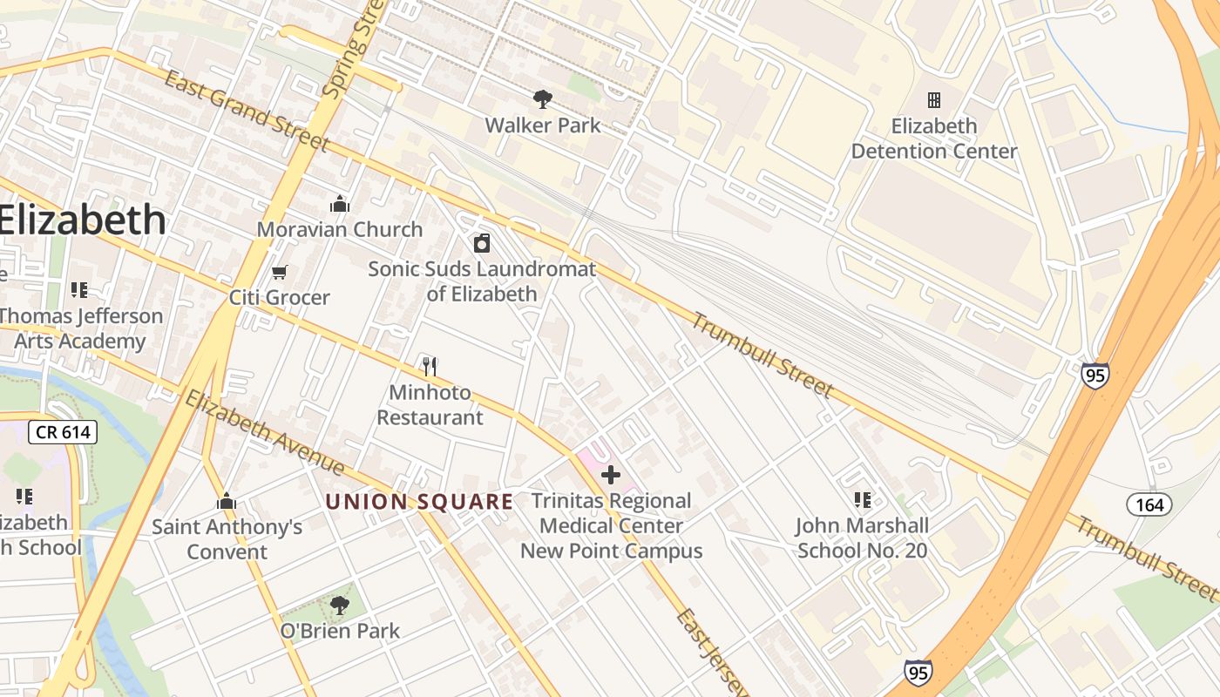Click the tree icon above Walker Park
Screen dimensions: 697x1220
(542, 99)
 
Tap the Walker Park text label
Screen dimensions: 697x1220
(542, 125)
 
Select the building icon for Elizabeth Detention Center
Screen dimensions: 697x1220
(934, 100)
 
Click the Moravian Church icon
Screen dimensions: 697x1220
(339, 205)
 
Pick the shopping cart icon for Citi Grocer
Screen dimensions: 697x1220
(280, 273)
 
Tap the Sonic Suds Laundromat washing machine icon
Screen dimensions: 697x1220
(482, 243)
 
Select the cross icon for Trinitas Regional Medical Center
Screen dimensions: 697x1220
(611, 475)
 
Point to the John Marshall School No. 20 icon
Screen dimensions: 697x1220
(862, 500)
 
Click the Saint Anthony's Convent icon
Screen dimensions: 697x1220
(227, 502)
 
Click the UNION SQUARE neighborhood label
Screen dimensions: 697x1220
(419, 502)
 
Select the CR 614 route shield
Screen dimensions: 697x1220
(62, 432)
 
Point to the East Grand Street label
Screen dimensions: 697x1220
(247, 112)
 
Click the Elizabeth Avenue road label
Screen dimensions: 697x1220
(265, 433)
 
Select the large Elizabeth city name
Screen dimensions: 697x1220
(82, 220)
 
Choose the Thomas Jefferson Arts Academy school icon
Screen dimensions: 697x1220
(79, 290)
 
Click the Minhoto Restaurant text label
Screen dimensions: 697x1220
(430, 405)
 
